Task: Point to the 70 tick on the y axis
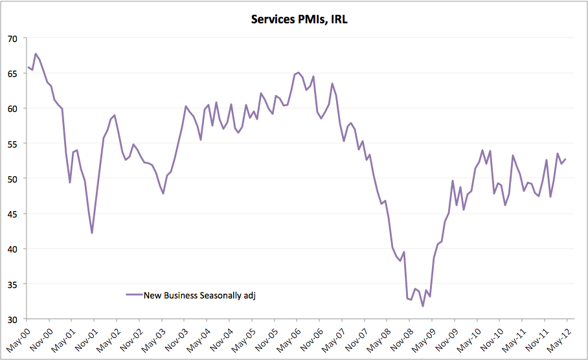click(13, 38)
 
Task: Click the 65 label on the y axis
click(13, 73)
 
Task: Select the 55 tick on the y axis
click(13, 144)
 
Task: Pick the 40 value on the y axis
click(13, 249)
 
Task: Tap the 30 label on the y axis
click(13, 319)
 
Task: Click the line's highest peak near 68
click(36, 54)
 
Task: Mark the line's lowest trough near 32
click(423, 306)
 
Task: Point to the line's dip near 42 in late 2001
click(92, 233)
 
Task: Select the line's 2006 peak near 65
click(297, 73)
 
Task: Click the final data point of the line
click(565, 159)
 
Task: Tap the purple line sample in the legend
click(134, 295)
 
